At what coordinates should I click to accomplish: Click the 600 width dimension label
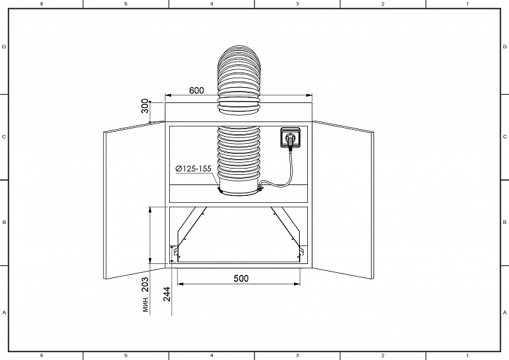click(197, 90)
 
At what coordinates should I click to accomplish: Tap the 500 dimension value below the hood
click(240, 278)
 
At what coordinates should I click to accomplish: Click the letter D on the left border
click(4, 47)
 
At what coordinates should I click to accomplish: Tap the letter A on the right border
click(505, 313)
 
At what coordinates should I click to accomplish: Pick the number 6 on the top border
click(41, 4)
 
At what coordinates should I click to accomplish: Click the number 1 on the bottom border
click(468, 356)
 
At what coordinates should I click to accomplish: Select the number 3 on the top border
click(297, 4)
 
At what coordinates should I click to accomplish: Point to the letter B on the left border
click(4, 223)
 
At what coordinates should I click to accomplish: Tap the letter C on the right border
click(505, 136)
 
